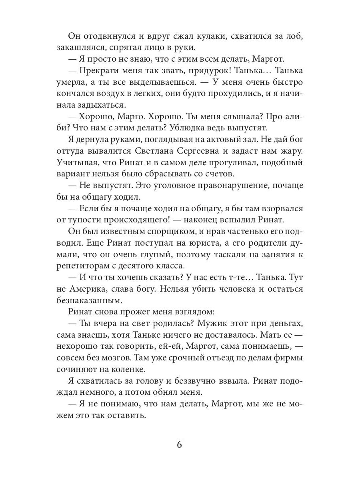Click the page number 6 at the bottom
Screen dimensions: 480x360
pyautogui.click(x=180, y=445)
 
